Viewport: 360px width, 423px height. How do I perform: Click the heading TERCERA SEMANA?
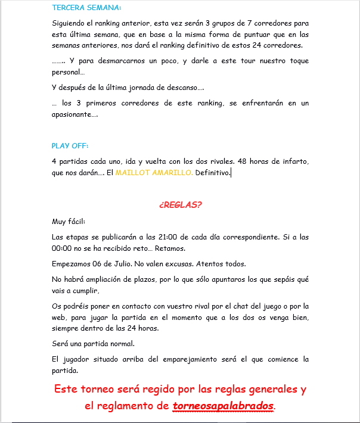tap(86, 8)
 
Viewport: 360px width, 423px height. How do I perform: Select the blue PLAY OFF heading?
tap(70, 145)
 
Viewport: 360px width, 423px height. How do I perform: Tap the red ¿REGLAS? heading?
tap(181, 204)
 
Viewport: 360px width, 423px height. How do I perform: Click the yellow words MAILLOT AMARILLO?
tap(154, 173)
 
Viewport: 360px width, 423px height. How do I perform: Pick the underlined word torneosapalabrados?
tap(224, 406)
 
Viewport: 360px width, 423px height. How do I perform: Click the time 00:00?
tap(61, 248)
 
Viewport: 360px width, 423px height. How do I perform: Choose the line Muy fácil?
tap(69, 221)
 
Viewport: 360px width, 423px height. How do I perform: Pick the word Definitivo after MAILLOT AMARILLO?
tap(212, 173)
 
